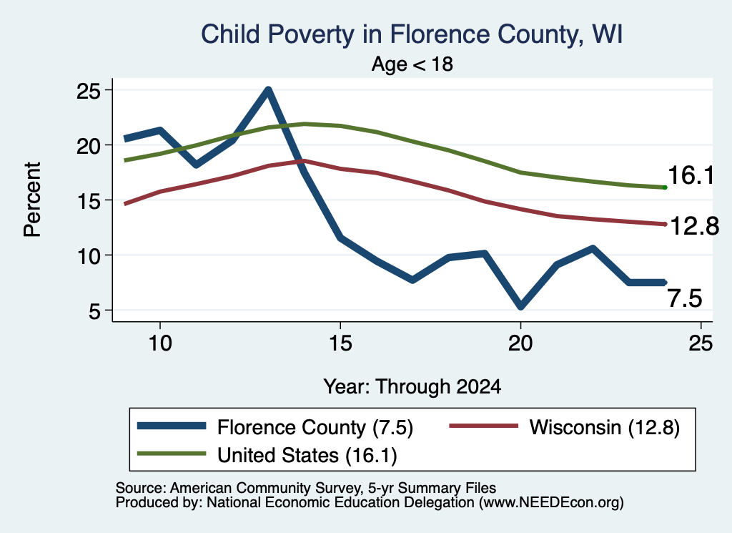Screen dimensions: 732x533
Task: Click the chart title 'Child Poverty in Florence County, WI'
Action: (x=412, y=35)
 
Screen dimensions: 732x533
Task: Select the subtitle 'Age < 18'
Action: (x=412, y=64)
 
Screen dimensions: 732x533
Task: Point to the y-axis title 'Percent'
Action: (x=32, y=200)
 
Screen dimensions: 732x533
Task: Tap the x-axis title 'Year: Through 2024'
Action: (x=412, y=387)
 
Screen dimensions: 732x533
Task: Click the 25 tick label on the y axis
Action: (x=89, y=91)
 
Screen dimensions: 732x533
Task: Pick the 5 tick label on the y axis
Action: (x=95, y=310)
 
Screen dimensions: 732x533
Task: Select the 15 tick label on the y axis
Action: (x=89, y=201)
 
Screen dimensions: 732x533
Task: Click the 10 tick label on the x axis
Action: (x=160, y=343)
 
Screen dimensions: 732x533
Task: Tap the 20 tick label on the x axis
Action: (x=520, y=343)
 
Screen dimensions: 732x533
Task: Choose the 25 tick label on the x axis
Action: (x=701, y=343)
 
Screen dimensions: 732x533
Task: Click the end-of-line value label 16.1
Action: (x=691, y=176)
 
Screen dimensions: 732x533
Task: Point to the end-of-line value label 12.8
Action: (x=694, y=227)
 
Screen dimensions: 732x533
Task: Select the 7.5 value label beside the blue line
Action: (x=684, y=298)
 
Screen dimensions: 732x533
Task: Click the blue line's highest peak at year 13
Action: (x=268, y=89)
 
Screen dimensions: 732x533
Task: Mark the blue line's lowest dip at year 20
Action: (x=520, y=306)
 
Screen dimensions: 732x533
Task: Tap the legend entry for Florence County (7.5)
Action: (x=275, y=427)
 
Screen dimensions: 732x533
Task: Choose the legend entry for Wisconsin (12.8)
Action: (x=565, y=427)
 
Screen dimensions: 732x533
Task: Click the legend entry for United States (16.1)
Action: (x=267, y=455)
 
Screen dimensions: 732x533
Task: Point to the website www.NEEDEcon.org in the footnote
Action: (x=551, y=503)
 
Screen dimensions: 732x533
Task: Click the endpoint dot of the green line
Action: (x=665, y=187)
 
